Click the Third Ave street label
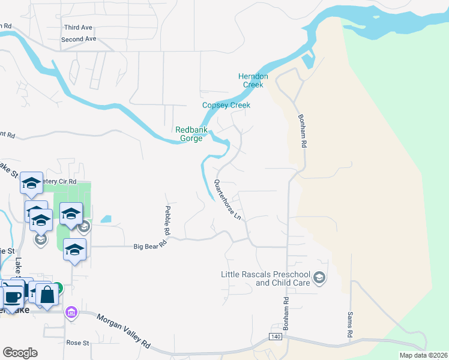(x=78, y=28)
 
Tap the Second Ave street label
(x=78, y=39)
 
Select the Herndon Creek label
(x=253, y=80)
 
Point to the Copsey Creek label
(x=226, y=105)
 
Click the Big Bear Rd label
(x=149, y=246)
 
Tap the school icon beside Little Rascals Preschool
(x=321, y=277)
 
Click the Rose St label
(x=77, y=343)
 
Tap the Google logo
(x=20, y=353)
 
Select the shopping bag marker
(x=47, y=295)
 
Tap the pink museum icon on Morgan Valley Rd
(x=71, y=313)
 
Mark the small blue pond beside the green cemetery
(x=106, y=219)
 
